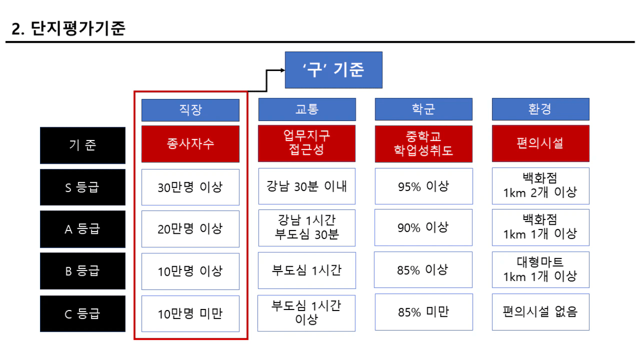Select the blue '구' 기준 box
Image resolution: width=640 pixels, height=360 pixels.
tap(334, 70)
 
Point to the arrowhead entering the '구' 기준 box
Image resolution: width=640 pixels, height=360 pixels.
tap(283, 70)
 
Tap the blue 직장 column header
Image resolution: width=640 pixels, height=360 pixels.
tap(191, 110)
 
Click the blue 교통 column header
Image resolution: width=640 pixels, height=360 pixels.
tap(307, 109)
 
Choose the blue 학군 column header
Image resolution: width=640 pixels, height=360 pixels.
tap(424, 109)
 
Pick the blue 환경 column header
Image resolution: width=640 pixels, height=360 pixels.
tap(541, 109)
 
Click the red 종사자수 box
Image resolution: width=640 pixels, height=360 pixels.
tap(191, 144)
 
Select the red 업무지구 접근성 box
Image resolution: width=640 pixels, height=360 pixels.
tap(307, 144)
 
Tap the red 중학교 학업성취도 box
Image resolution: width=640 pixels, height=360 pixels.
tap(424, 144)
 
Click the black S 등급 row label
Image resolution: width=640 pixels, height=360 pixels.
tap(83, 187)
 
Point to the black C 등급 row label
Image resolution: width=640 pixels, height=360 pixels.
tap(83, 314)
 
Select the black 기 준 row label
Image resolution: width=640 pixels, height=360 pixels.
tap(83, 145)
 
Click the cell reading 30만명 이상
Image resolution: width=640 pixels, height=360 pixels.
tap(191, 187)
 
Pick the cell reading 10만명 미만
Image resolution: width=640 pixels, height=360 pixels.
tap(191, 314)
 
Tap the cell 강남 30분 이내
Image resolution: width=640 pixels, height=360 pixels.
tap(307, 186)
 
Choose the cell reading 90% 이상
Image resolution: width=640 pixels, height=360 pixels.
tap(424, 227)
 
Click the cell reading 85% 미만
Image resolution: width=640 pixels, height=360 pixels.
tap(424, 312)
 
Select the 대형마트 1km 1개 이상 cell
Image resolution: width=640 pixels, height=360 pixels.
tap(541, 269)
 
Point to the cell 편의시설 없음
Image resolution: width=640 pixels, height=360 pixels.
tap(541, 312)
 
